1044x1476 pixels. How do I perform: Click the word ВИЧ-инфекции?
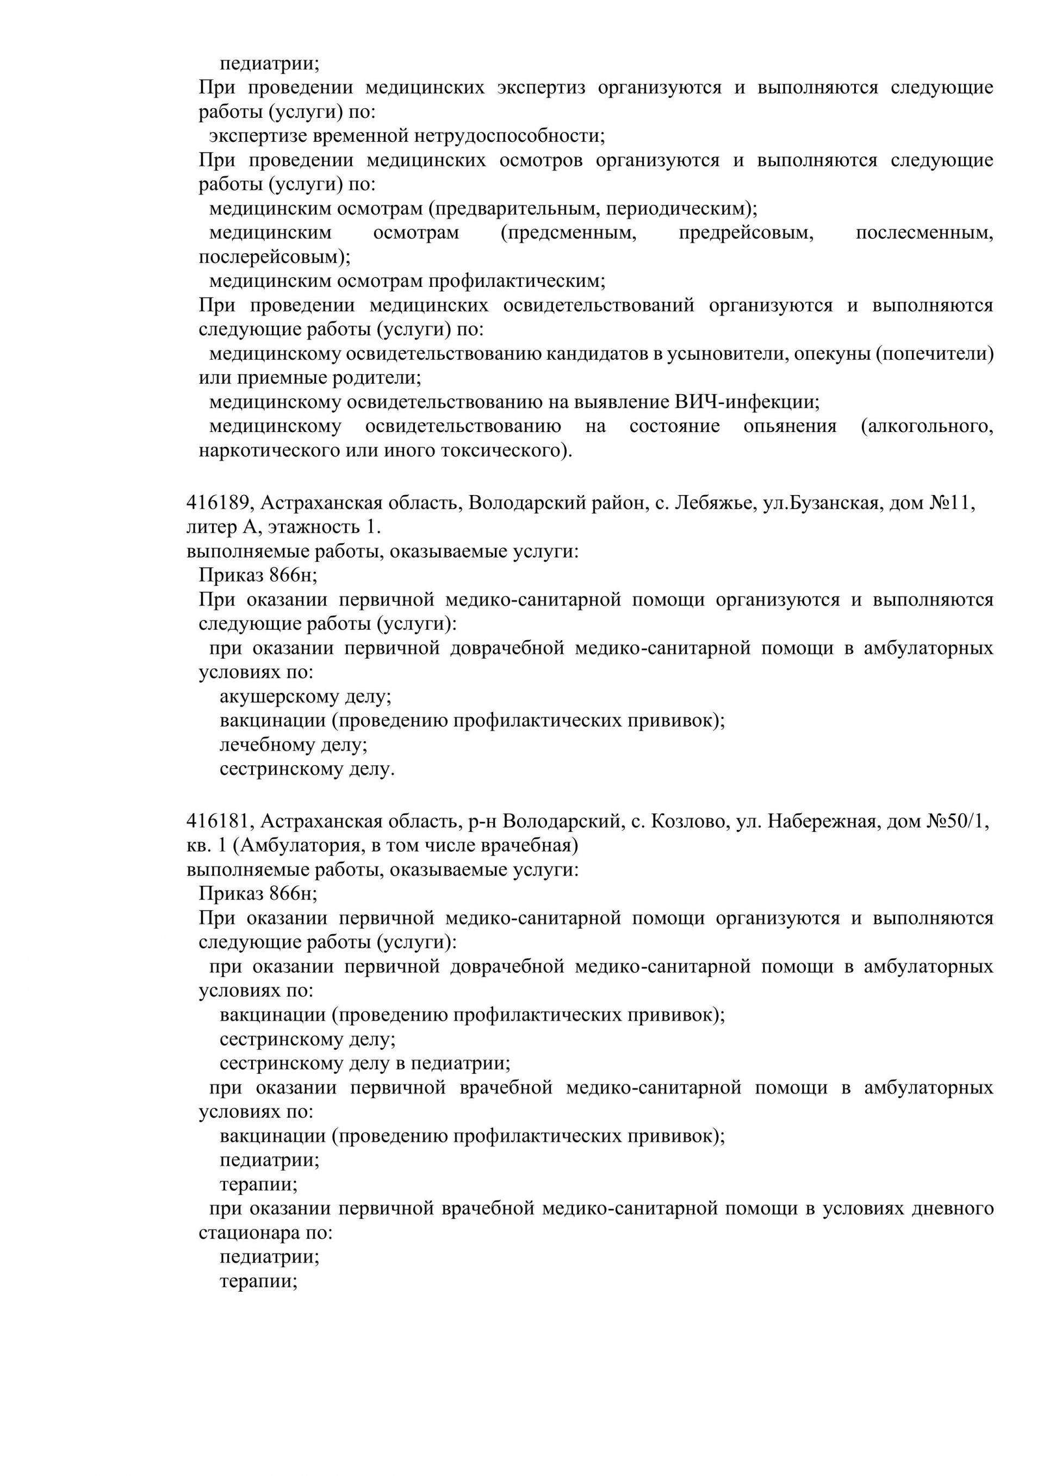(x=746, y=403)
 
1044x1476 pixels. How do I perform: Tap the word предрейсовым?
(x=746, y=233)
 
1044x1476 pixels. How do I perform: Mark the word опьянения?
(x=790, y=426)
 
